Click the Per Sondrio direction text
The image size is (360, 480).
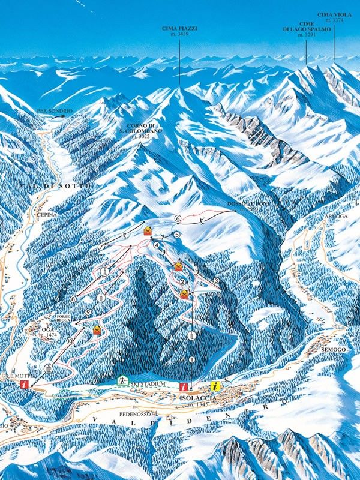point(55,112)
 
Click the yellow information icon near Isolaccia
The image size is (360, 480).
point(215,386)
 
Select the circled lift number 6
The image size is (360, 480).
point(178,217)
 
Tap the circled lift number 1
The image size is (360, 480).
point(192,359)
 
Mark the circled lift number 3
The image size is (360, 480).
point(216,281)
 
